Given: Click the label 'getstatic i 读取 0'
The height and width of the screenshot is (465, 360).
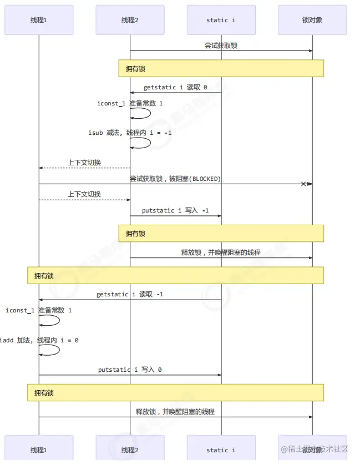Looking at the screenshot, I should (x=175, y=88).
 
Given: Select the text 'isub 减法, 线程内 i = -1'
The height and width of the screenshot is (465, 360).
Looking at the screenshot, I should (x=130, y=133).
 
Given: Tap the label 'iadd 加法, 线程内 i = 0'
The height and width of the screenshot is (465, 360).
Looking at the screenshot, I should (x=39, y=340).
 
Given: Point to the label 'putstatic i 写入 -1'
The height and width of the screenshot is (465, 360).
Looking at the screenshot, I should (x=175, y=211).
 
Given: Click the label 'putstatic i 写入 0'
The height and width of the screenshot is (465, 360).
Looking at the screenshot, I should (x=130, y=370).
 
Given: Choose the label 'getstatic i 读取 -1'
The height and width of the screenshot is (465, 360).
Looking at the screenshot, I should (x=130, y=294).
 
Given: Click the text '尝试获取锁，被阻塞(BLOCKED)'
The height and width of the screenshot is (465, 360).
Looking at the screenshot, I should (x=175, y=179).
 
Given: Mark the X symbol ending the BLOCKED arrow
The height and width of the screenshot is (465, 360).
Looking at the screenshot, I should (x=303, y=184).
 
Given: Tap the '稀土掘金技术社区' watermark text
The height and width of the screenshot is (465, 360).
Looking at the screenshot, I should (x=314, y=449).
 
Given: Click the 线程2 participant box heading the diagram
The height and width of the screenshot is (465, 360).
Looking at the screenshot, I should (x=130, y=20).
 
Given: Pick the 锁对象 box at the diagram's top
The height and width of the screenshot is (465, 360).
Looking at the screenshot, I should (x=312, y=20).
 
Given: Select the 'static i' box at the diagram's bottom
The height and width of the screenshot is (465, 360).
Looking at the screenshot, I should (x=221, y=449).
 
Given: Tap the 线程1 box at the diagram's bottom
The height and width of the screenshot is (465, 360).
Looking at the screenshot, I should (x=39, y=449).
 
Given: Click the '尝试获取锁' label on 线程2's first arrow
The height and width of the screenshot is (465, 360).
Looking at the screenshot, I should (x=221, y=46).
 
